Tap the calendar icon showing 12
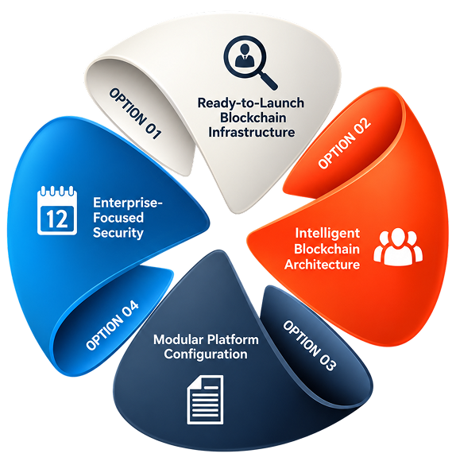57,211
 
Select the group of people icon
398,246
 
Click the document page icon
205,400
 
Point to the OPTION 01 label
135,114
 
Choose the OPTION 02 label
345,143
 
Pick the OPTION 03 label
309,346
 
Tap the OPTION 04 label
112,325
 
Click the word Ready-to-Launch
250,103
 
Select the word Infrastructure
252,132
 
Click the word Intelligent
327,234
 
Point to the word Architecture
322,265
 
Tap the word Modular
174,339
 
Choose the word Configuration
206,354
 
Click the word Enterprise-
128,203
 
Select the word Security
118,233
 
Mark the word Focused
118,218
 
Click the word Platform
229,339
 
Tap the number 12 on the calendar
57,219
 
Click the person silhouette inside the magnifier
245,55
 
